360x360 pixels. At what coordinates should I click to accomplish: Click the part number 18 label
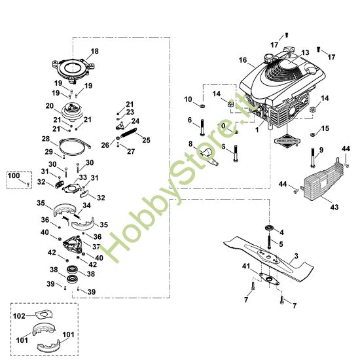click(94, 51)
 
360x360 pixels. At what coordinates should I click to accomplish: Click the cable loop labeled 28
click(74, 145)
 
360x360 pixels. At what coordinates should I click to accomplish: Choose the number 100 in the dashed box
click(14, 176)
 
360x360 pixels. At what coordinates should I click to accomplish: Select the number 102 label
click(20, 315)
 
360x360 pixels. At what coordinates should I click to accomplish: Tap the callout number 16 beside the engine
click(243, 60)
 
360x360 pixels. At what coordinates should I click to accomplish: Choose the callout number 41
click(245, 267)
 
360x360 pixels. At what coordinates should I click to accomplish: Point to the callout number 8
click(191, 143)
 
